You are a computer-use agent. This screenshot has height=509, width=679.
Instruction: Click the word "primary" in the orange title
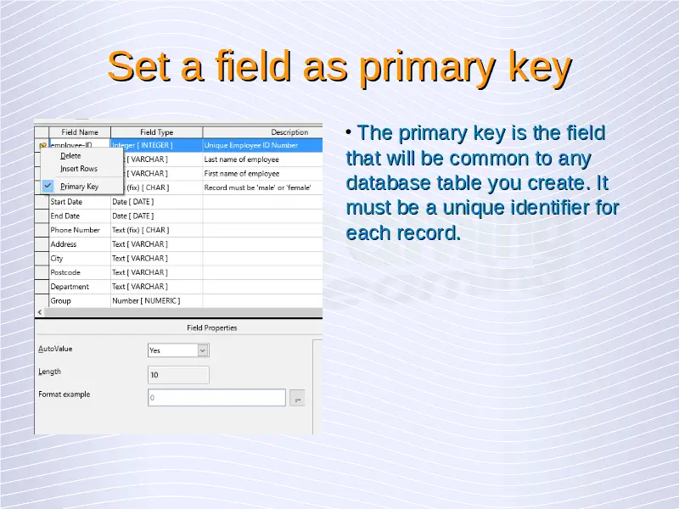coord(429,67)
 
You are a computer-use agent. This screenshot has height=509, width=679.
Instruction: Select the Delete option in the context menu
coord(70,156)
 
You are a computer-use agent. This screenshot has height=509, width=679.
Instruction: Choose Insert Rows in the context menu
coord(79,169)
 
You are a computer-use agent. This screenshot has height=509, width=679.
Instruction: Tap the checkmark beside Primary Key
coord(48,186)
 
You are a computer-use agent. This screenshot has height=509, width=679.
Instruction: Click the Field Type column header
coord(156,132)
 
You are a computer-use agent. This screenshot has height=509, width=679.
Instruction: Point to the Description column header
coord(289,132)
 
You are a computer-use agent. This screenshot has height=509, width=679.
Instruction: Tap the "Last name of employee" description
coord(242,159)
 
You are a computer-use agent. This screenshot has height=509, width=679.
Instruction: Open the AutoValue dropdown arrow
coord(203,350)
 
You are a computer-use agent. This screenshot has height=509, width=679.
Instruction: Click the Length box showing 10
coord(178,375)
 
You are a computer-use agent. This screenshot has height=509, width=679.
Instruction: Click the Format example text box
coord(216,397)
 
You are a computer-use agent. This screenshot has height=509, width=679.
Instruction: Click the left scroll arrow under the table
coord(40,312)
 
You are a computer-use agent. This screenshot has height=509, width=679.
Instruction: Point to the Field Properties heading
coord(211,327)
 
